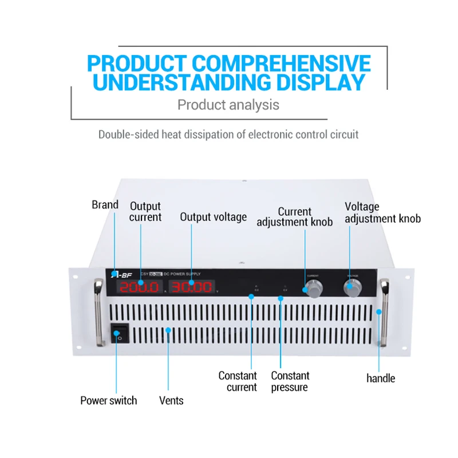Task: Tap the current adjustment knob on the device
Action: tap(313, 289)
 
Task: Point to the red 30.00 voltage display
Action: tap(191, 287)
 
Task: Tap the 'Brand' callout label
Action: tap(105, 205)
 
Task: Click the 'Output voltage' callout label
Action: tap(213, 217)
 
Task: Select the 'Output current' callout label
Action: tap(145, 211)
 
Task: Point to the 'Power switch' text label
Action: tap(108, 401)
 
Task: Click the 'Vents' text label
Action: tap(171, 401)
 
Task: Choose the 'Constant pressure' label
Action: tap(290, 381)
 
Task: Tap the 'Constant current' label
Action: tap(238, 381)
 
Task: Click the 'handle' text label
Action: tap(381, 378)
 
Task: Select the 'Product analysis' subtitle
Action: tap(228, 105)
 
